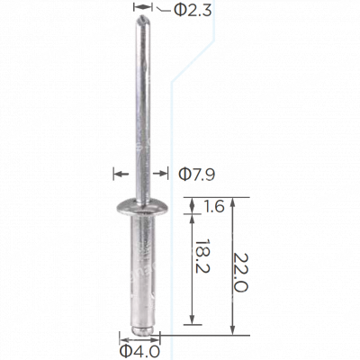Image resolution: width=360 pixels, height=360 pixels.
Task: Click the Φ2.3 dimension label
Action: pyautogui.click(x=193, y=10)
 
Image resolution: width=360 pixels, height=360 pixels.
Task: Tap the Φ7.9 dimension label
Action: pyautogui.click(x=197, y=175)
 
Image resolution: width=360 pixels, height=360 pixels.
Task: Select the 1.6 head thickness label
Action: pyautogui.click(x=214, y=206)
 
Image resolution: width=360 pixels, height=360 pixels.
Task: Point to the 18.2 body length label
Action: pyautogui.click(x=202, y=256)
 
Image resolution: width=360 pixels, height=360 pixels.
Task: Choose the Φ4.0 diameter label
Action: pyautogui.click(x=139, y=352)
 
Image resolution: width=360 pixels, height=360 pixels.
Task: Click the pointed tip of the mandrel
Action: pyautogui.click(x=143, y=16)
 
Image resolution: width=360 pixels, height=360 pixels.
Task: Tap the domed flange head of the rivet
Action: pyautogui.click(x=142, y=207)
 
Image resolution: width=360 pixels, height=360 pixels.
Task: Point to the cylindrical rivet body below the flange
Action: pyautogui.click(x=142, y=270)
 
